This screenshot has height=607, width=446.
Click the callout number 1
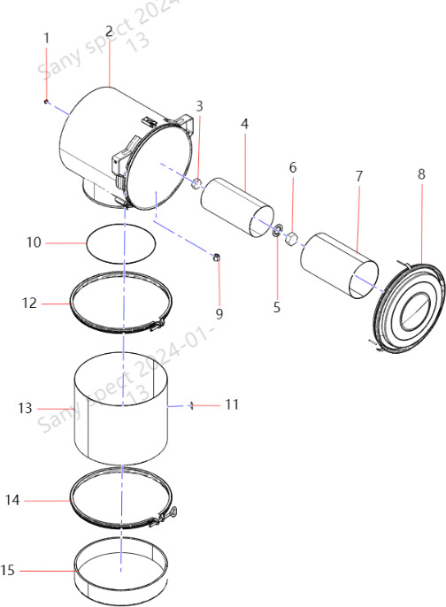47,38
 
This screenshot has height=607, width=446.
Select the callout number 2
109,31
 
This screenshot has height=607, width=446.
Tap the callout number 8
421,174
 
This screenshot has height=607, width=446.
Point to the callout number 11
232,404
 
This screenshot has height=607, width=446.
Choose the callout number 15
7,570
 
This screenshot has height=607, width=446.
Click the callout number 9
219,313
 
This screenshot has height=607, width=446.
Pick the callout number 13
25,408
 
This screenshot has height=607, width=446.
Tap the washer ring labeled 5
278,230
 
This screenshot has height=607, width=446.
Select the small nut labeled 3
197,183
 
